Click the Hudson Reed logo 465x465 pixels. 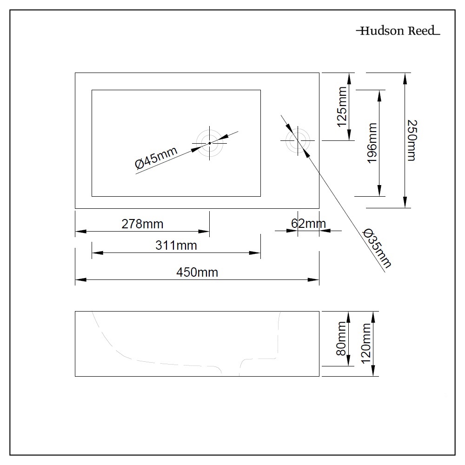[x=398, y=31]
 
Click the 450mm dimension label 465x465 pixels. [x=197, y=272]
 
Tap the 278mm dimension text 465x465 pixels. [x=142, y=224]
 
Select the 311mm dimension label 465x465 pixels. [x=176, y=246]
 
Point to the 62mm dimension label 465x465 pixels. [x=308, y=224]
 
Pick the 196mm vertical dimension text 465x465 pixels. [x=372, y=143]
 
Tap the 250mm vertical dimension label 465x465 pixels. [x=412, y=140]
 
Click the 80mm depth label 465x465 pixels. [x=342, y=339]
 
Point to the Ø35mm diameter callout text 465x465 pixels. [x=377, y=248]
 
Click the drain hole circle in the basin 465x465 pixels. [x=209, y=143]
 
